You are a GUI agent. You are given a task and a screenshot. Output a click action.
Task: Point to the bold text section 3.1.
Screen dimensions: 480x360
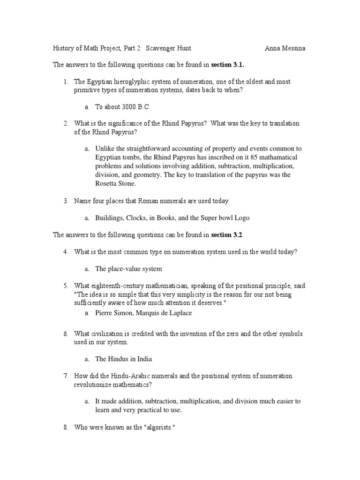pyautogui.click(x=228, y=64)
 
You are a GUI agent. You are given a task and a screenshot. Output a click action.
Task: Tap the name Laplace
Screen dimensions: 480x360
pyautogui.click(x=180, y=312)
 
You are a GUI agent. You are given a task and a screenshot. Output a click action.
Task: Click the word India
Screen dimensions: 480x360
pyautogui.click(x=143, y=359)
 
